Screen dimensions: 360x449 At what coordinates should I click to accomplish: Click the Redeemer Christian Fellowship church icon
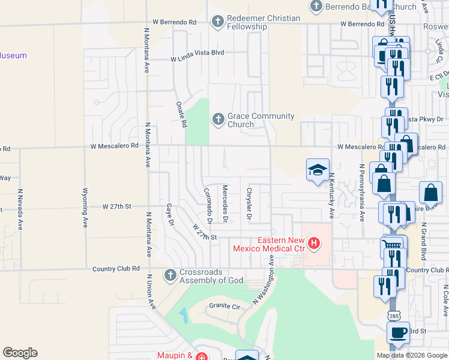tap(218, 23)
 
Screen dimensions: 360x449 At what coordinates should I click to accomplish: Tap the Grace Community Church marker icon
tap(218, 121)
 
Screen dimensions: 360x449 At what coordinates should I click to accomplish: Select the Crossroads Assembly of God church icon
tap(170, 275)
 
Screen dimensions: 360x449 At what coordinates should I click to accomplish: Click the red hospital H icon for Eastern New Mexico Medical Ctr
tap(313, 244)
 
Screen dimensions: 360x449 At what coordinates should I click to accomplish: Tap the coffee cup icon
tap(398, 332)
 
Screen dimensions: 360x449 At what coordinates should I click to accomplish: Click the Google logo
tap(20, 353)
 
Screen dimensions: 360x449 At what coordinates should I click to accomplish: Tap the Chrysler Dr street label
tap(249, 204)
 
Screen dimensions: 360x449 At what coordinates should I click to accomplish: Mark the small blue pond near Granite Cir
tap(182, 314)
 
